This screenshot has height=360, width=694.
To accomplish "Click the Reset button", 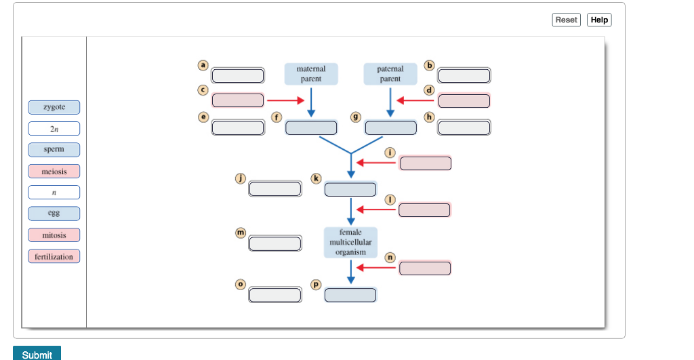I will [566, 20].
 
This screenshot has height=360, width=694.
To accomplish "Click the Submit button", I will [37, 354].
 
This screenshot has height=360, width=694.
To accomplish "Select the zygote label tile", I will [54, 107].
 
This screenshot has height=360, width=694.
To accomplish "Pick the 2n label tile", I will [54, 129].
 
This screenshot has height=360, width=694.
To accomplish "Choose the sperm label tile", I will [54, 150].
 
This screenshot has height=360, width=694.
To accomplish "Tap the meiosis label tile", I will [54, 172].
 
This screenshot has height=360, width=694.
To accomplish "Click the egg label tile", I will [54, 214].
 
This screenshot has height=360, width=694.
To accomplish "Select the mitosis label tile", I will [54, 235].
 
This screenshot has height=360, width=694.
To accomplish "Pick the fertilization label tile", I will [54, 256].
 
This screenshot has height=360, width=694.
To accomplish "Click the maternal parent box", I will [311, 74].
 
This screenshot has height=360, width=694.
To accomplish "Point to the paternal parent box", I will [390, 74].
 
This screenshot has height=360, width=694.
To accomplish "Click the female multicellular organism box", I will [350, 242].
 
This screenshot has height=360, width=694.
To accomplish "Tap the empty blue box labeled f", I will [311, 127].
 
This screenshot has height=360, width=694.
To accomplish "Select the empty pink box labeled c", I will [238, 100].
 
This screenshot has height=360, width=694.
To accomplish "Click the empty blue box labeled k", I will [350, 189].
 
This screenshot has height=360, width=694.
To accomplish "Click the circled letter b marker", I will [428, 66].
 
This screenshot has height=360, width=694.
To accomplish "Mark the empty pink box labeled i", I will [425, 163].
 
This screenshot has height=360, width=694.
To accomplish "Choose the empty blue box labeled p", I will [350, 295].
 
